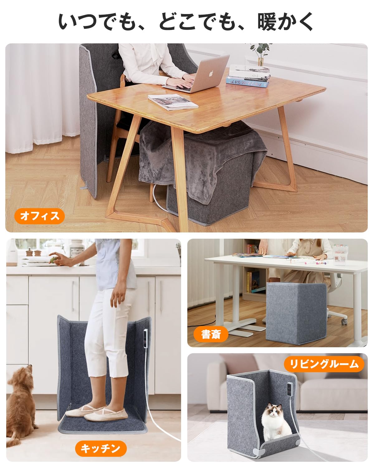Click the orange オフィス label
[x=40, y=216]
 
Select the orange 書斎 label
[x=211, y=334]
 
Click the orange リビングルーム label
[x=324, y=364]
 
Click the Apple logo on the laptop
[x=211, y=74]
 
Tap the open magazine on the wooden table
[x=173, y=102]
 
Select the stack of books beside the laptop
[x=248, y=76]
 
